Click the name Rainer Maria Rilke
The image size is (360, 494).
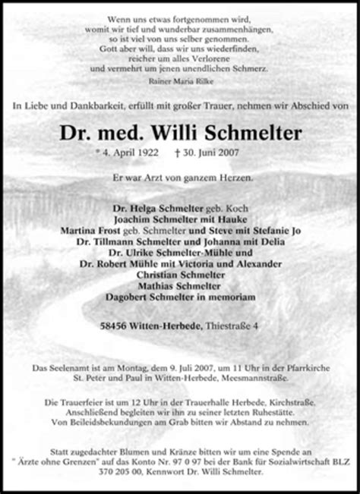point(180,77)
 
